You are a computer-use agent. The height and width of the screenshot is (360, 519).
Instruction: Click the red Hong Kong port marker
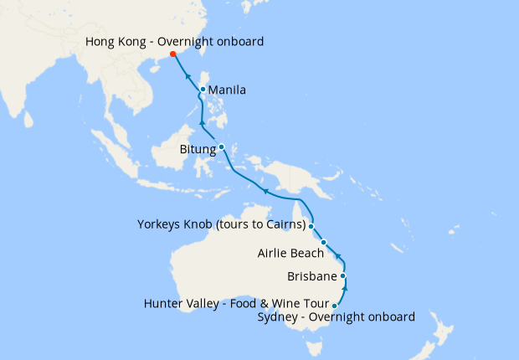coord(173,54)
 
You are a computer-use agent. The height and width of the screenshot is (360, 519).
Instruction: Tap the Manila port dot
coord(203,90)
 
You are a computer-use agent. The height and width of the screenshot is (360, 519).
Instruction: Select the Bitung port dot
coord(221,147)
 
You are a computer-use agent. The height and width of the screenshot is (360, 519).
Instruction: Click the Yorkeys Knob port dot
coord(311,226)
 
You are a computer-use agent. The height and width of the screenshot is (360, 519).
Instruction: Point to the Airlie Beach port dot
coord(323,243)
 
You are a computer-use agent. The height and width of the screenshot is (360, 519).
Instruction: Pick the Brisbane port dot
coord(342,275)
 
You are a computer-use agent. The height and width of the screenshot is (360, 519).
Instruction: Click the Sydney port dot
coord(335,306)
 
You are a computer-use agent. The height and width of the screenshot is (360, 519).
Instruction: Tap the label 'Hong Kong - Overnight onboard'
coord(175,41)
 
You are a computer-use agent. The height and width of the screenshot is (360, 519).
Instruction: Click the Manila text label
coord(227,90)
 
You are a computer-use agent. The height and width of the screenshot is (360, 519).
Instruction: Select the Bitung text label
coord(198,150)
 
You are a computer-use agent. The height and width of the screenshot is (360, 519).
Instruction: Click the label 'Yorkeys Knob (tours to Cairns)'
coord(220,224)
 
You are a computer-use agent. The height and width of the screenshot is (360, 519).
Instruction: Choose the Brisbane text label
coord(311,275)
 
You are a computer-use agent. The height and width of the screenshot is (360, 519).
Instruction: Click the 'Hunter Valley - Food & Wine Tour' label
coord(237,303)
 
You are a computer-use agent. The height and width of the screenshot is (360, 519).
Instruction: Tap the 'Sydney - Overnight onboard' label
coord(337,317)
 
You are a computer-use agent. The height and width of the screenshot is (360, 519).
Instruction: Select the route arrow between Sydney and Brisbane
coord(346,290)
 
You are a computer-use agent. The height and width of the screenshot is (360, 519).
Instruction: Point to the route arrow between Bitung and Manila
coord(202,124)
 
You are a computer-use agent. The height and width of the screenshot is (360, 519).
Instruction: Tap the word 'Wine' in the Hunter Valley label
coord(281,303)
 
